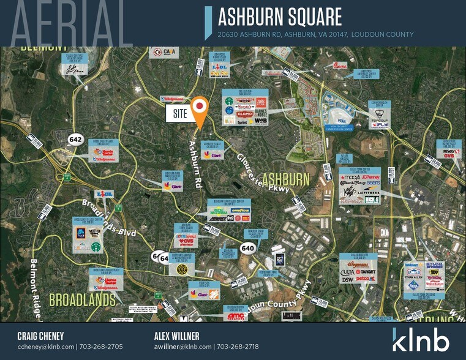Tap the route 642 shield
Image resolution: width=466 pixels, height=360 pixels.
point(76,139)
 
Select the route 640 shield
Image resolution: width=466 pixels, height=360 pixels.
point(248,247)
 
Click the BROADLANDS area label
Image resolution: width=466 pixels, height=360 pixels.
point(82,300)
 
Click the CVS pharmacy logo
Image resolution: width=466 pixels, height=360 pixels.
point(187,241)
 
